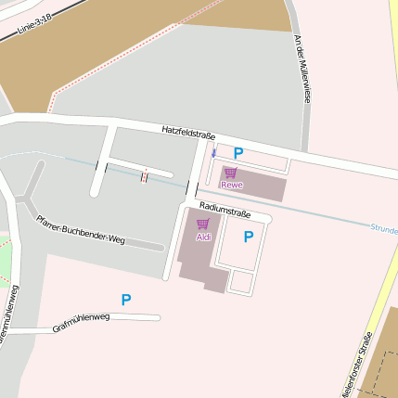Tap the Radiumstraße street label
(225, 211)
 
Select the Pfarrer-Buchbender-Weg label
(80, 230)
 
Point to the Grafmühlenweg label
(81, 322)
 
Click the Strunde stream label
(383, 228)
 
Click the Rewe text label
(231, 185)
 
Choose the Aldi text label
(203, 238)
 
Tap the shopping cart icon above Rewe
(230, 173)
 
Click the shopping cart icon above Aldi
(202, 225)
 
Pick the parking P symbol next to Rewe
(238, 153)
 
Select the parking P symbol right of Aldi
(248, 237)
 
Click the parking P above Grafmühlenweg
(126, 300)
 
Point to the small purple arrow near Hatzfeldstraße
(213, 153)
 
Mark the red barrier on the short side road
(144, 175)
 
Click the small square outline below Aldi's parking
(241, 281)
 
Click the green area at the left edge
(6, 264)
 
